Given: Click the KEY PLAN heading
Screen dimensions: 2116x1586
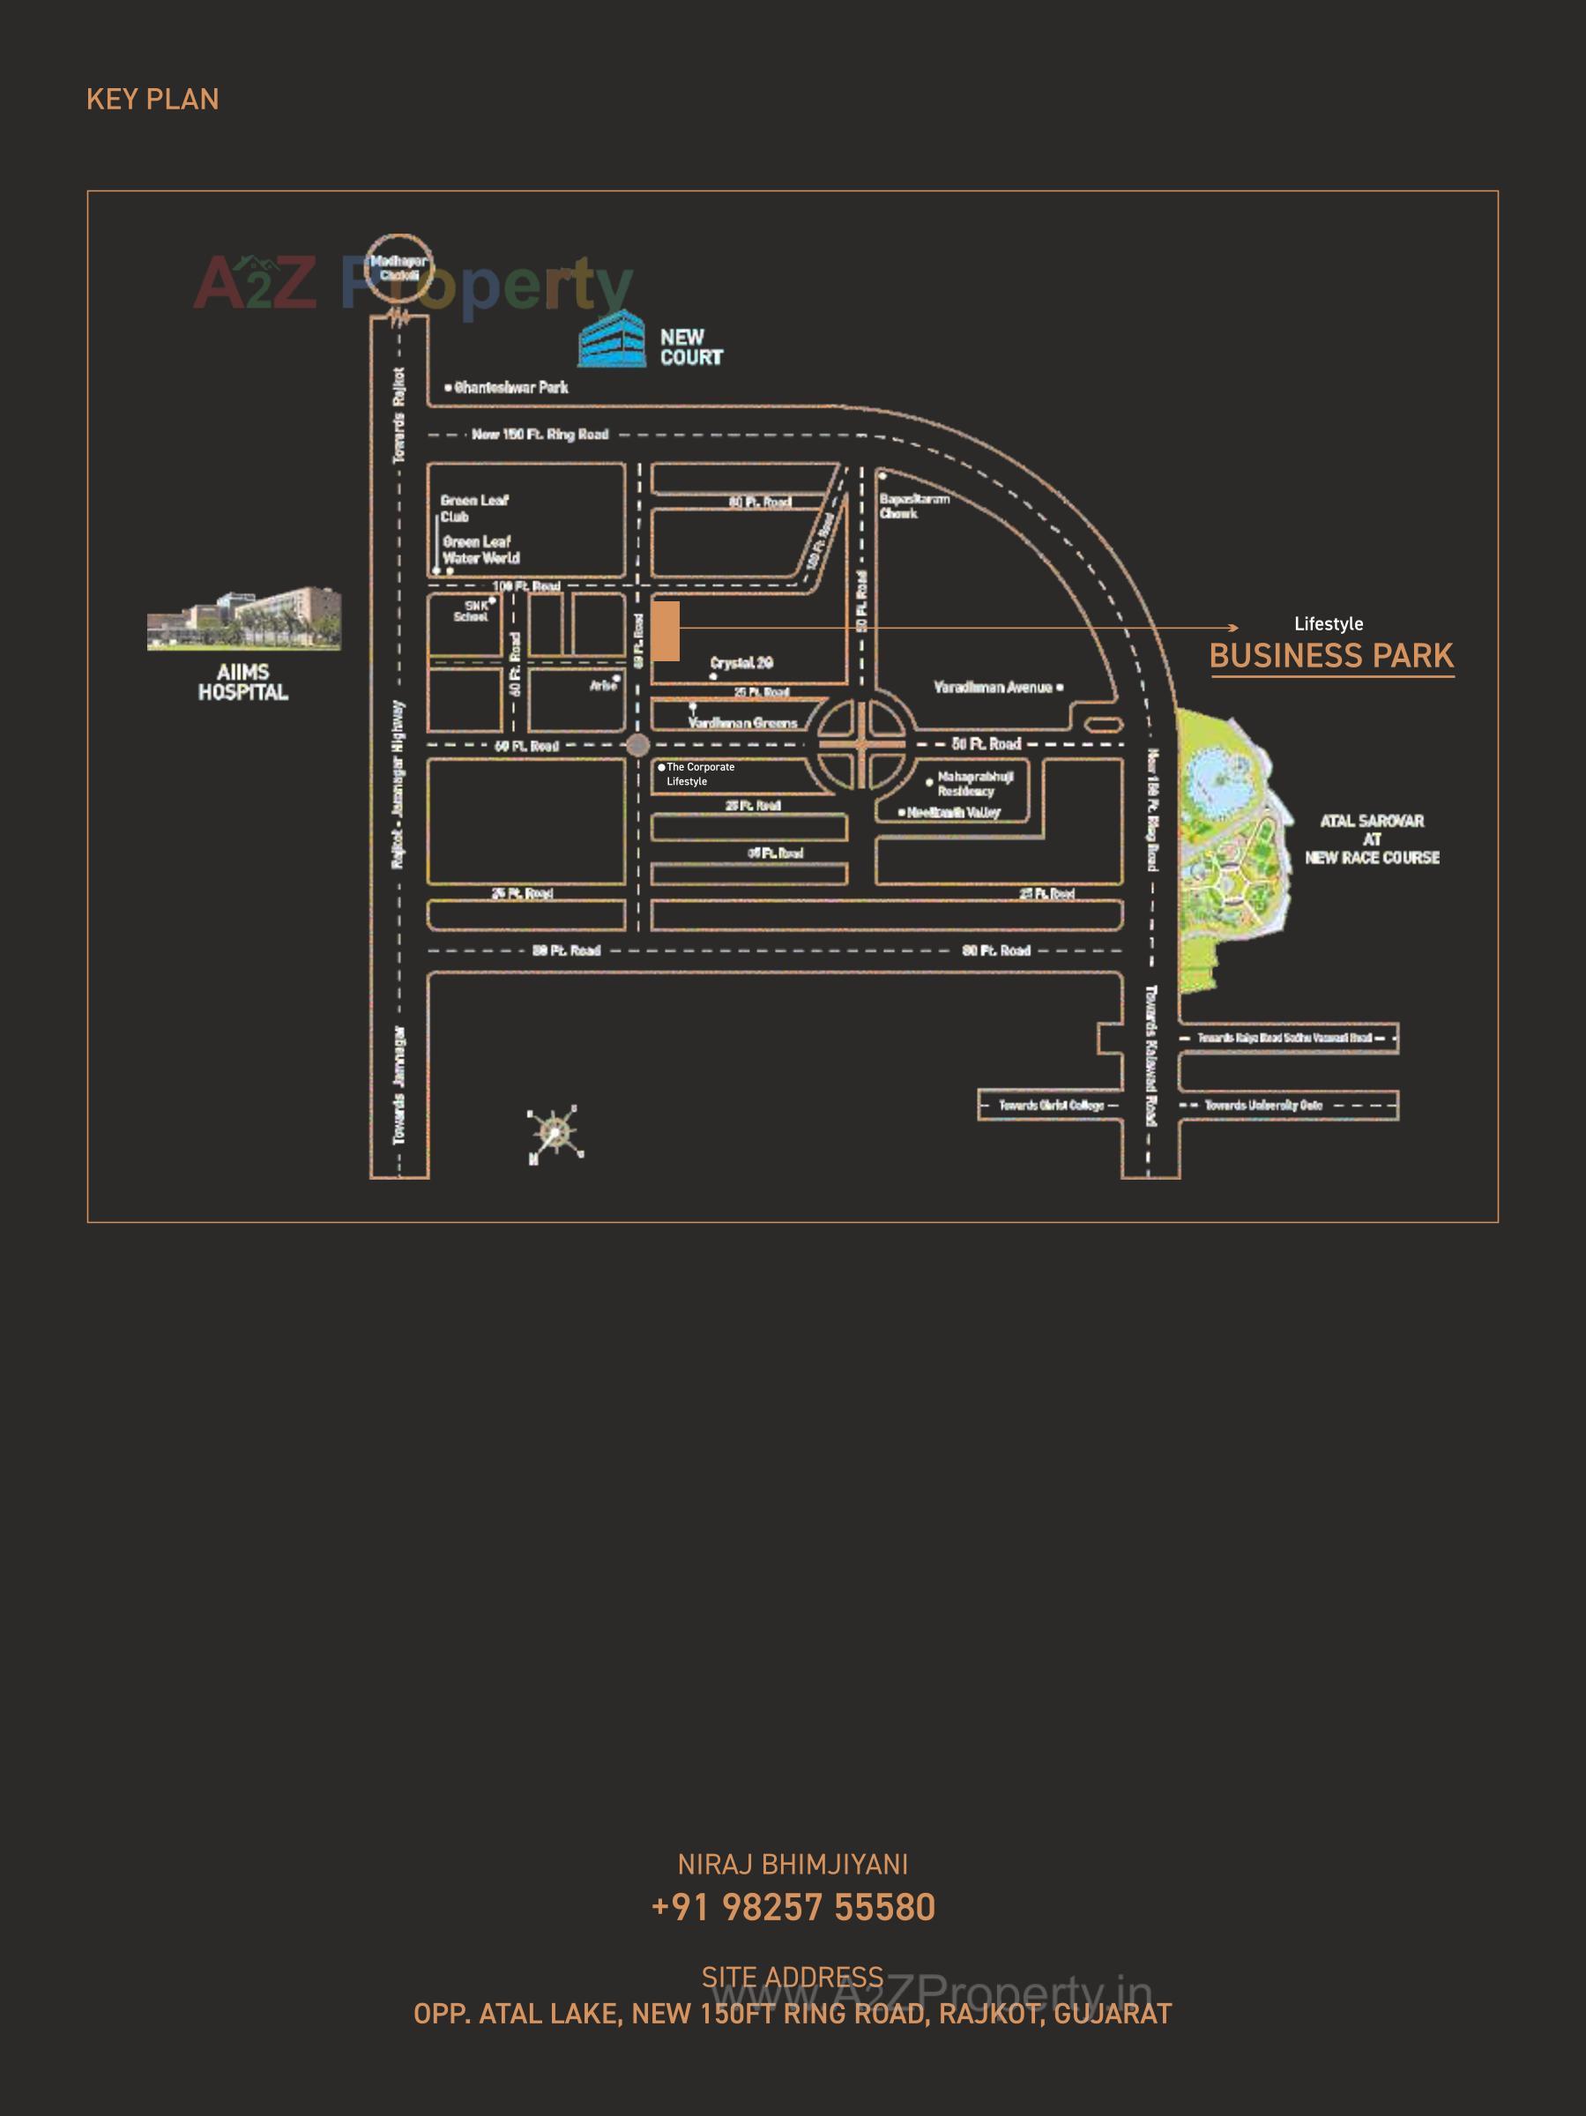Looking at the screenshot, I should [x=153, y=100].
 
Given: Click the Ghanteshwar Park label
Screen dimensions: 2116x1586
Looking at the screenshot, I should [x=510, y=387].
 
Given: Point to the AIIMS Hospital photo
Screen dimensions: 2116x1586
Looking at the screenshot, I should [x=244, y=619].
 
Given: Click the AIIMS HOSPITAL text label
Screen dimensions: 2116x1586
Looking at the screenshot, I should [x=243, y=682].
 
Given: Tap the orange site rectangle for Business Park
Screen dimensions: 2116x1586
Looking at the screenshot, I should [x=665, y=630].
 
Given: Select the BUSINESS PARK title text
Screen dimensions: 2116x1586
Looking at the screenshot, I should [x=1330, y=656].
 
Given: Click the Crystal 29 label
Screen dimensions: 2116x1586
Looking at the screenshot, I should [x=741, y=663].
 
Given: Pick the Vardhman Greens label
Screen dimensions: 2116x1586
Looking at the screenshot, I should [x=742, y=723].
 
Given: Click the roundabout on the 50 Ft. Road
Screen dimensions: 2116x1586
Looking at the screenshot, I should [x=861, y=744].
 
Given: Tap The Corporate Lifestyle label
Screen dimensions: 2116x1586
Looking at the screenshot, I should [x=699, y=774].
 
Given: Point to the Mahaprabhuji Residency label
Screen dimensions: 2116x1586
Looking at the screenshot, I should [x=975, y=784].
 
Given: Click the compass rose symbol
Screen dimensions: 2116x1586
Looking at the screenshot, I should [x=555, y=1135].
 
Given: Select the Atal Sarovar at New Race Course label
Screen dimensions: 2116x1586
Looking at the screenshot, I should [x=1372, y=839].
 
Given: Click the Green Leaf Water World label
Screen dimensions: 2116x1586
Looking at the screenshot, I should [x=480, y=550].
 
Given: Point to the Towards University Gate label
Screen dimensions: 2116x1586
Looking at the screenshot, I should [x=1262, y=1105].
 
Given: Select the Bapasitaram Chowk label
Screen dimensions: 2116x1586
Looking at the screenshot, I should [x=913, y=506].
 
